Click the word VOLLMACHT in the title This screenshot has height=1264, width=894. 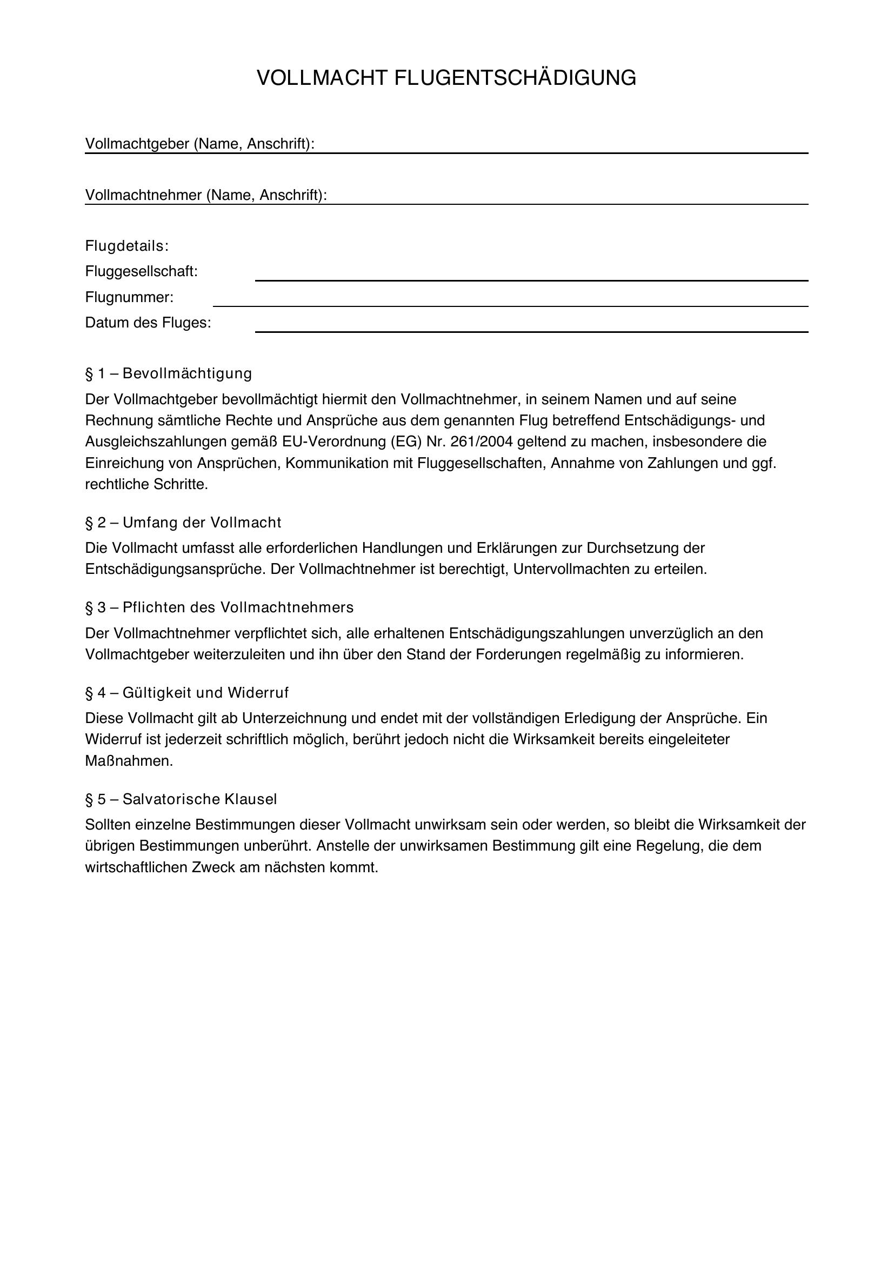pos(323,78)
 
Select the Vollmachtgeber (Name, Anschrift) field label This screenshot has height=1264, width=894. pos(199,144)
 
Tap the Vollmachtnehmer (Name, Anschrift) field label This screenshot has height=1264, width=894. pos(206,195)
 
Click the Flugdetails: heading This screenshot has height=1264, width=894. pos(126,246)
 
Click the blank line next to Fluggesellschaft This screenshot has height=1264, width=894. pos(531,280)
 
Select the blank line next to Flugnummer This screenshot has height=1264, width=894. pos(510,305)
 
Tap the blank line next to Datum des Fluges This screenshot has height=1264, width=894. pos(531,331)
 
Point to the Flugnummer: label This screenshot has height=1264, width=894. pos(129,297)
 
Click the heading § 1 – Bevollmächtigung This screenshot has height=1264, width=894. pos(169,373)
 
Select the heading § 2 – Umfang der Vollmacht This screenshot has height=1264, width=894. pos(183,523)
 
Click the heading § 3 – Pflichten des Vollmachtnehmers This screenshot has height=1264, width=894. pos(219,607)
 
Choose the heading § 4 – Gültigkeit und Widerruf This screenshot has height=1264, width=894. pos(186,693)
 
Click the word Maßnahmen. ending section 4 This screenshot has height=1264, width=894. pos(129,761)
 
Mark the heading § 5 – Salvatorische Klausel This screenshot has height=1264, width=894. pos(181,799)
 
